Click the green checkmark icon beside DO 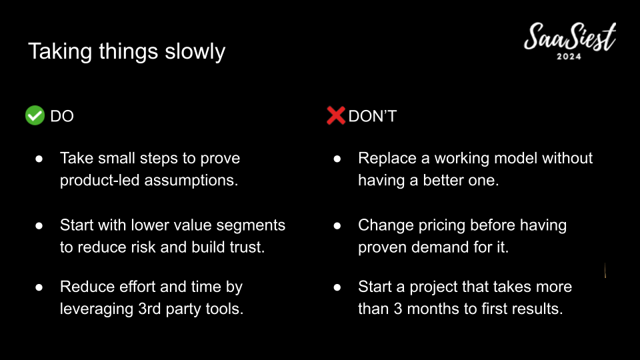[x=35, y=115]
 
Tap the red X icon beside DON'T [x=336, y=115]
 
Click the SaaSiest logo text [x=570, y=37]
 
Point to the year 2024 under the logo [x=569, y=57]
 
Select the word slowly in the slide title [x=195, y=52]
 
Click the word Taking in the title [x=60, y=52]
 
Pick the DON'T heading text [x=372, y=116]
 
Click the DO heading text [x=62, y=116]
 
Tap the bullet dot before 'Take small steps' [x=39, y=159]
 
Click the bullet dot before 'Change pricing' [x=337, y=226]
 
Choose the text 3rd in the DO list [x=149, y=309]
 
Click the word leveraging [x=96, y=309]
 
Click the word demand [x=440, y=247]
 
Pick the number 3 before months [x=398, y=309]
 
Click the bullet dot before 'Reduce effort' [x=39, y=287]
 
